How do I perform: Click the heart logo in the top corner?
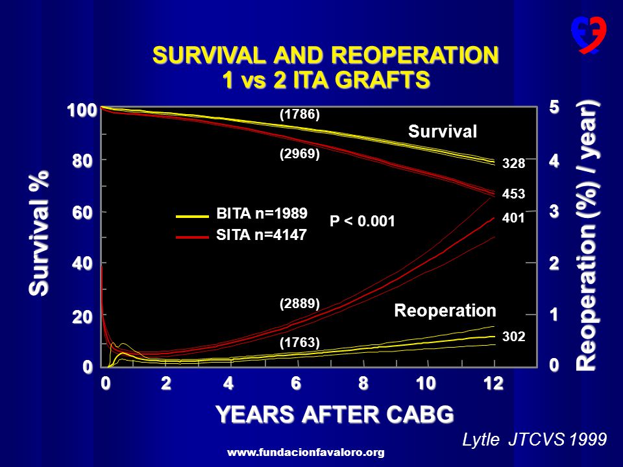tap(589, 35)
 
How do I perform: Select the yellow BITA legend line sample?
tap(192, 217)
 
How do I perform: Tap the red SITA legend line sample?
tap(192, 237)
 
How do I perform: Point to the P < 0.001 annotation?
tap(362, 221)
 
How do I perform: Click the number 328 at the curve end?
tap(513, 163)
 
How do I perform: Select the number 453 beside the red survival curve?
tap(513, 194)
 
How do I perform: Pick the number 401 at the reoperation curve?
tap(513, 218)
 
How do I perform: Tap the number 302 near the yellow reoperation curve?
tap(513, 337)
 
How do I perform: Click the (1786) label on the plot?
tap(300, 114)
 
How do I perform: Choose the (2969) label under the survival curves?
tap(300, 154)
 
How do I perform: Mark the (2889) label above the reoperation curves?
tap(300, 304)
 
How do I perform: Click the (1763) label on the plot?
tap(300, 342)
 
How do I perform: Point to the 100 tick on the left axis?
tap(82, 110)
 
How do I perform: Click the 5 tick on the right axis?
tap(554, 107)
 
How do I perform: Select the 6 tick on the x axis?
tap(296, 383)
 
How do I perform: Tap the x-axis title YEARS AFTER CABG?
tap(335, 414)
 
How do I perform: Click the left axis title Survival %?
tap(39, 233)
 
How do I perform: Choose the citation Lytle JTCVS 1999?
tap(534, 440)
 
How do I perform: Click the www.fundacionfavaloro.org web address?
tap(306, 452)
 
